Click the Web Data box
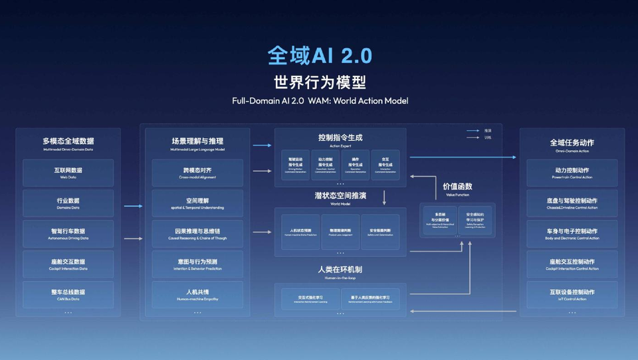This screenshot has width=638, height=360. (x=68, y=173)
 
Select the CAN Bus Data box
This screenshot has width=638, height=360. (x=68, y=294)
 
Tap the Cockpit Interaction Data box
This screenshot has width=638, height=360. (x=68, y=264)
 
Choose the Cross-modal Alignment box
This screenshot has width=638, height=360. (x=197, y=173)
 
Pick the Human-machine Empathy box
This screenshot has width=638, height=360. (x=197, y=294)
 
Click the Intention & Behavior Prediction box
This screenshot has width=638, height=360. (x=197, y=264)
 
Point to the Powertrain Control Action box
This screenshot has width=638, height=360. (x=572, y=173)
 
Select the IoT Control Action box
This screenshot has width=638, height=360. (x=572, y=294)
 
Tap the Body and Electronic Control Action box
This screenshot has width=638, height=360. (x=572, y=234)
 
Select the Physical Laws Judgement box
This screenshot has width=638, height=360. (x=340, y=232)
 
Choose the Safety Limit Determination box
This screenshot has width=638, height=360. (x=380, y=232)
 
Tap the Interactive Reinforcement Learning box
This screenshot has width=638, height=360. (x=310, y=299)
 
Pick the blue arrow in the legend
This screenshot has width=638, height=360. (x=473, y=131)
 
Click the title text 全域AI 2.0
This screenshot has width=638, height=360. (x=320, y=55)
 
